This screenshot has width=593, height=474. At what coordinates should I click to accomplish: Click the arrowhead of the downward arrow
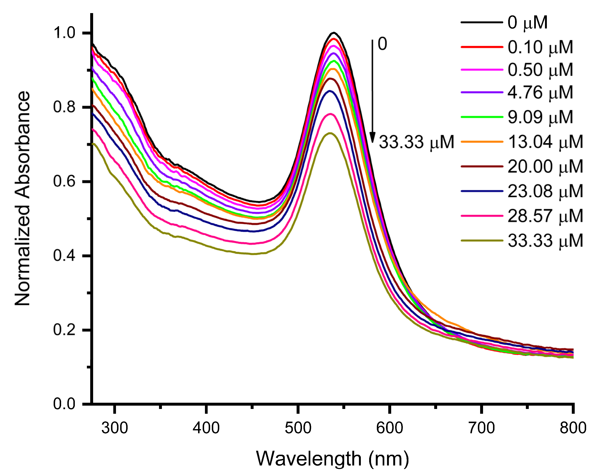[x=372, y=138]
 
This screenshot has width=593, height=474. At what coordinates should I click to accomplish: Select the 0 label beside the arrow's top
[x=382, y=44]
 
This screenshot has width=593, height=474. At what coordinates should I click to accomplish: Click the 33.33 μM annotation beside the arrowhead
[x=416, y=142]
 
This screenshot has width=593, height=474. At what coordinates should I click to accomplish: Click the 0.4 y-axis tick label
[x=64, y=255]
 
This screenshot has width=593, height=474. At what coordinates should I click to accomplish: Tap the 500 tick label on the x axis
[x=298, y=428]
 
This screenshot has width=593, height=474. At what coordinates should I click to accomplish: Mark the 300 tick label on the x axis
[x=114, y=428]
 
